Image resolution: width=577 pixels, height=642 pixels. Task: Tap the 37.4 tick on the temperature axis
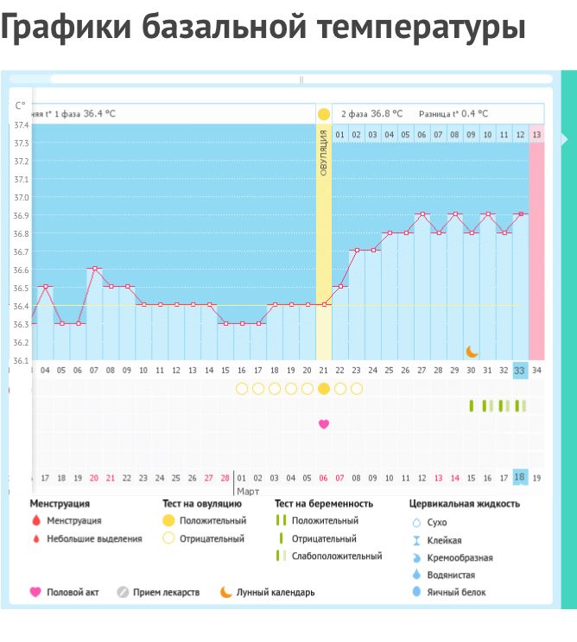[x=21, y=125]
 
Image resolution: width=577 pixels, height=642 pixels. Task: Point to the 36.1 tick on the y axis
[x=21, y=360]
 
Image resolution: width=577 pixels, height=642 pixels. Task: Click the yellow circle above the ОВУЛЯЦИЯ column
[x=324, y=114]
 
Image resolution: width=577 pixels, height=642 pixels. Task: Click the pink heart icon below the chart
[x=324, y=424]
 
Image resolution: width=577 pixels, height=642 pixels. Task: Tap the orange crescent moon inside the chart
[x=472, y=351]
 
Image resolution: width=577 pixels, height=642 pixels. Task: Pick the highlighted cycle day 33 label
[x=520, y=371]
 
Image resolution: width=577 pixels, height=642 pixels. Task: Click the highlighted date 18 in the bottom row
[x=520, y=478]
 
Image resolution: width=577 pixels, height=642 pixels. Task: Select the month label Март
[x=248, y=491]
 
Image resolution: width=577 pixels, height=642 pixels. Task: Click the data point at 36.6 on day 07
[x=94, y=269]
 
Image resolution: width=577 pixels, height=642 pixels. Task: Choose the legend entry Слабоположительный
[x=337, y=556]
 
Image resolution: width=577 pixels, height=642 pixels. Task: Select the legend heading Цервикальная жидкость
[x=465, y=504]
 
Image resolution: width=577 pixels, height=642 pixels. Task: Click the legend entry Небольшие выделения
[x=94, y=539]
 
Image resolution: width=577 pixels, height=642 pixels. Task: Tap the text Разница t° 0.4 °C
[x=453, y=114]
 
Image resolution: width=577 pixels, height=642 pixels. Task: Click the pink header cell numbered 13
[x=537, y=135]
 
